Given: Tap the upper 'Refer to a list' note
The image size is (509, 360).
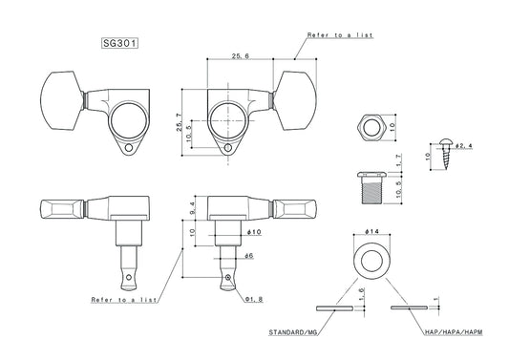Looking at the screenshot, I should (x=340, y=34).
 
